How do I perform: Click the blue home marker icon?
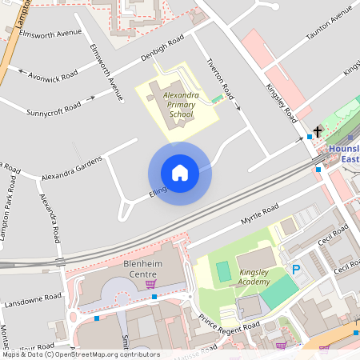coord(180,173)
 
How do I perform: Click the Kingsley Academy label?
coord(255,277)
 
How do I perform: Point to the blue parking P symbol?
coord(296,270)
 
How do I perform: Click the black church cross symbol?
coord(318,130)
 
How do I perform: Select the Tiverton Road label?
coord(223,79)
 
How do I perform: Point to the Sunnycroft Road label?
coord(55,106)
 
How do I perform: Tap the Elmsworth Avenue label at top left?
coord(53,34)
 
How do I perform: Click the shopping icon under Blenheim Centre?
coord(150,283)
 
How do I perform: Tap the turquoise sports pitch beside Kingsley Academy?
coord(223,271)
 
